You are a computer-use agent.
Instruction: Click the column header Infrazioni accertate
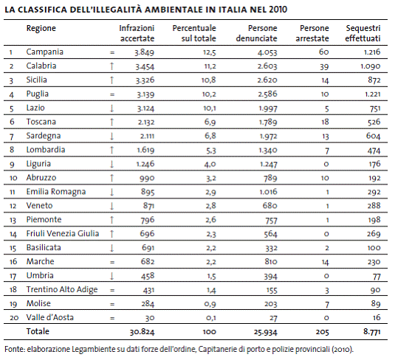(x=137, y=33)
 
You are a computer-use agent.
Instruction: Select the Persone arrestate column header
(x=312, y=33)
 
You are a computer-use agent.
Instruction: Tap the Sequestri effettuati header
(x=363, y=33)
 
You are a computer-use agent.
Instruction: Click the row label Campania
(x=44, y=52)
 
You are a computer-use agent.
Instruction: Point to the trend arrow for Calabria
(x=111, y=66)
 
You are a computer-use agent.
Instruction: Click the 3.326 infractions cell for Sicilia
(x=145, y=80)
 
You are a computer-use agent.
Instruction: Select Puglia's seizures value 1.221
(x=373, y=94)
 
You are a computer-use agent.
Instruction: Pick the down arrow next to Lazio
(x=111, y=108)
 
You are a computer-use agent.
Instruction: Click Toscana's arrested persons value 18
(x=325, y=122)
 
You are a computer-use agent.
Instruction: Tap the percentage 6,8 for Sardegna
(x=210, y=136)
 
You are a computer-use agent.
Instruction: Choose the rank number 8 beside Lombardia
(x=12, y=150)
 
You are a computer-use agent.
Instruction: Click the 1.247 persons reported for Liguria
(x=268, y=165)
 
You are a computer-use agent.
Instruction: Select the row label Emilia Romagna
(x=56, y=192)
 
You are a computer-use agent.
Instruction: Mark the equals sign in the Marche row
(x=112, y=262)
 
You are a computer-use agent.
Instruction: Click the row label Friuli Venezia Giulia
(x=63, y=234)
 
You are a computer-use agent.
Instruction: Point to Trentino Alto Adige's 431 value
(x=148, y=290)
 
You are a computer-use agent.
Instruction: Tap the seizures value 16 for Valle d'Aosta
(x=377, y=317)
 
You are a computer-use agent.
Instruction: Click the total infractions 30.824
(x=142, y=332)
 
